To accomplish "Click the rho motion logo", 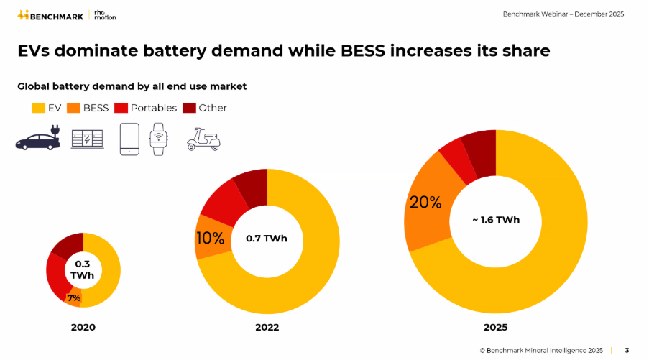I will [104, 14].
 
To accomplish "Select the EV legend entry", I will [47, 108].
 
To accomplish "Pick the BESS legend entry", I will [88, 108].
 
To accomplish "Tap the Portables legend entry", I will [147, 108].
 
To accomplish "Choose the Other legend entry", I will [204, 108].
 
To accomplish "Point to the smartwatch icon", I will [157, 138].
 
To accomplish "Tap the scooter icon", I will [203, 139].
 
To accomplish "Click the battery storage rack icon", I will [87, 139].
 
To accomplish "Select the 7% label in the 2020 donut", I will [73, 297].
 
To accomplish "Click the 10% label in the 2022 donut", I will [210, 239].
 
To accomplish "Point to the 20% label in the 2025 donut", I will [425, 203].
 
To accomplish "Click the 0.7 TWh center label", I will [266, 239].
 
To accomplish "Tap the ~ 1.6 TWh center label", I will [495, 220].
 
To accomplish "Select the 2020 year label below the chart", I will [83, 327].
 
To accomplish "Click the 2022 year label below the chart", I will [267, 327].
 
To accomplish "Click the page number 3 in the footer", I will [627, 351].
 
